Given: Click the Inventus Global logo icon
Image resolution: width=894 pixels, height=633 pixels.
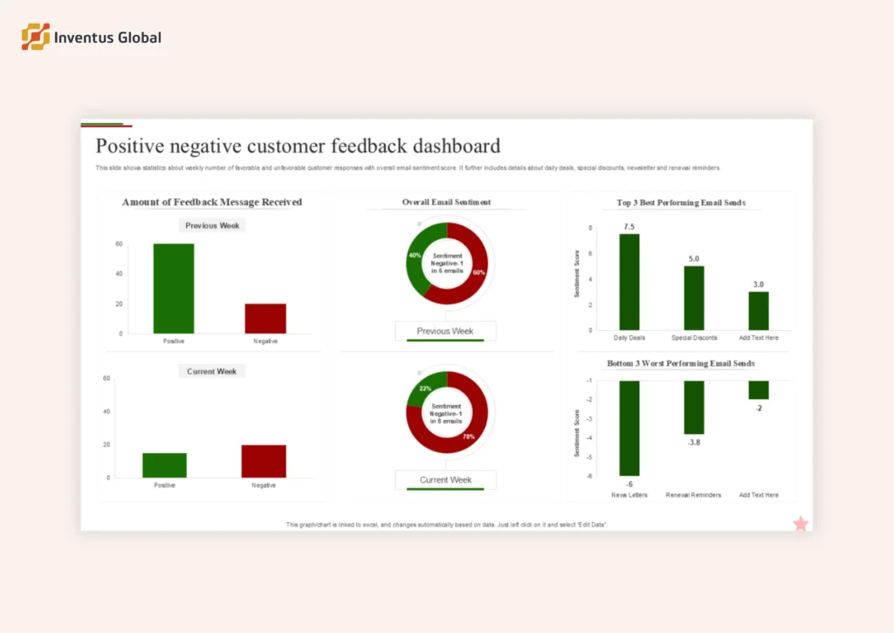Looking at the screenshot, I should click(x=36, y=37).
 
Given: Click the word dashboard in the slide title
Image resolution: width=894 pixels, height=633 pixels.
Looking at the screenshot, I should click(x=457, y=146).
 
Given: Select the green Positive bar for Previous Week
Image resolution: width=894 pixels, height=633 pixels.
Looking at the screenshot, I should click(x=174, y=288).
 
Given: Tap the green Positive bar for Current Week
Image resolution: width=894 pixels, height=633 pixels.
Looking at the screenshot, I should click(x=164, y=464).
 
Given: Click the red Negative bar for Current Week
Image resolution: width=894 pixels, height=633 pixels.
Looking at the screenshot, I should click(x=264, y=461).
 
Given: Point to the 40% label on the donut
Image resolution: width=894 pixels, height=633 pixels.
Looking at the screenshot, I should click(x=415, y=256).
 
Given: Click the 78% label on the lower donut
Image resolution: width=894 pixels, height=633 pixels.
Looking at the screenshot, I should click(x=468, y=436).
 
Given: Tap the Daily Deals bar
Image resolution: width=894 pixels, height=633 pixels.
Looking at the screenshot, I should click(x=629, y=281).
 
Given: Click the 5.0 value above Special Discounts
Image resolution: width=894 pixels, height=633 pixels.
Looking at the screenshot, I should click(x=694, y=259).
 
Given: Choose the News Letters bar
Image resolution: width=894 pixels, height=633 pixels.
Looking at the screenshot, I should click(x=629, y=428).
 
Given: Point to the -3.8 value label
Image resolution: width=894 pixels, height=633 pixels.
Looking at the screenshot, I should click(x=694, y=443).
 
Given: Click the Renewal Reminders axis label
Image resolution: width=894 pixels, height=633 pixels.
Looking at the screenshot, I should click(x=693, y=495).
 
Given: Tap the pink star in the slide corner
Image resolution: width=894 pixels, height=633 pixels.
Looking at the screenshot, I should click(x=801, y=523).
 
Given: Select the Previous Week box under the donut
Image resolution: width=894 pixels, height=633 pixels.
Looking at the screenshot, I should click(x=445, y=331).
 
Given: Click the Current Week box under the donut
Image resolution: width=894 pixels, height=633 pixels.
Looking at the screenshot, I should click(x=445, y=479).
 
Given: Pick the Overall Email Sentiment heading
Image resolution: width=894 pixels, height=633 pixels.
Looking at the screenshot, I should click(x=446, y=203).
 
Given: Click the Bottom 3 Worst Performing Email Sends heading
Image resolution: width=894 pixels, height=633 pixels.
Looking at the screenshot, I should click(x=681, y=363).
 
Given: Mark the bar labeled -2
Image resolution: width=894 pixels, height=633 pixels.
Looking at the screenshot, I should click(x=759, y=389).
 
